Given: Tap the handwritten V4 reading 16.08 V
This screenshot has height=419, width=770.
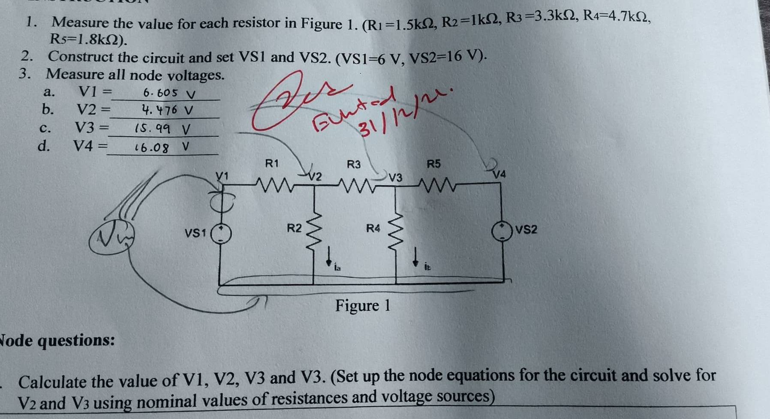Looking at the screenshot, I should click(161, 148).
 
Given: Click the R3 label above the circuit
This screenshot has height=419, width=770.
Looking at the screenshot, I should click(354, 164).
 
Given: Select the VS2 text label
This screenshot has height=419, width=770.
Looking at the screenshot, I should click(526, 230).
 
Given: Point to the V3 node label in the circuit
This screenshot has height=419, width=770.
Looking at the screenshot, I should click(396, 177).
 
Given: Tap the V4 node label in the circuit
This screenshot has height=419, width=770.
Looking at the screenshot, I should click(499, 175).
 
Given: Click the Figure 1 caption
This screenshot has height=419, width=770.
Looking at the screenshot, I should click(363, 306).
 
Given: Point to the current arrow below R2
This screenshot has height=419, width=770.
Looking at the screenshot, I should click(329, 256).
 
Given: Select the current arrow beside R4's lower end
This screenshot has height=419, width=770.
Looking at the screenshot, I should click(415, 256).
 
